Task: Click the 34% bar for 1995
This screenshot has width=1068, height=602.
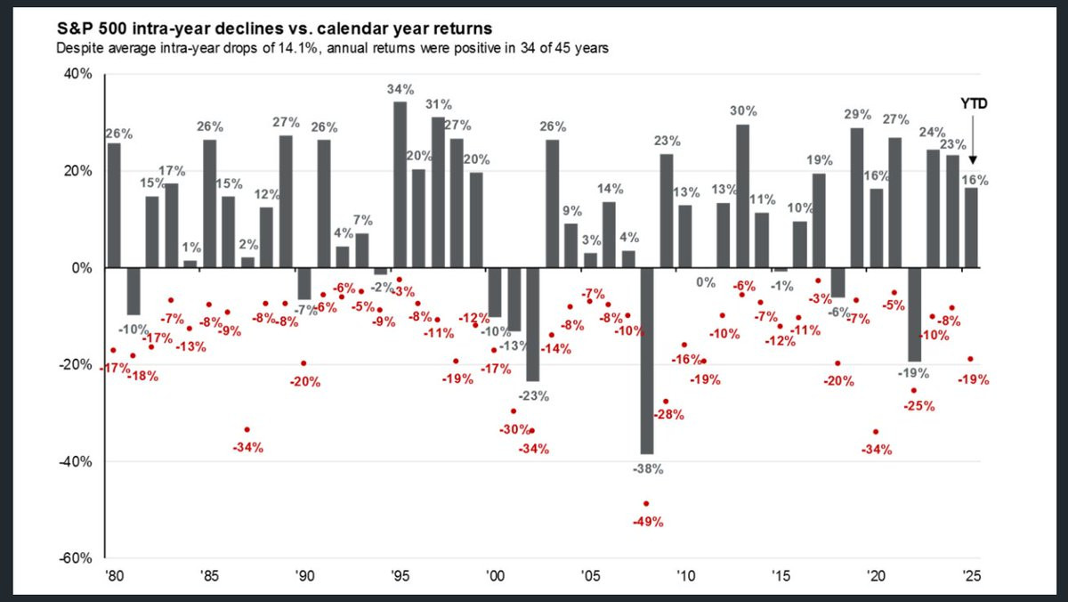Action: click(400, 184)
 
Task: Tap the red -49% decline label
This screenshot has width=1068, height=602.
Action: click(648, 522)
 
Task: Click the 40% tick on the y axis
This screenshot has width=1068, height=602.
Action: click(78, 75)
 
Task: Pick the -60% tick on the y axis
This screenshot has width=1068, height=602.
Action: click(77, 558)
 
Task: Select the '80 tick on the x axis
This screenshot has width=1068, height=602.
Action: click(113, 575)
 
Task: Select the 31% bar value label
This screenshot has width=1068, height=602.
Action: click(438, 106)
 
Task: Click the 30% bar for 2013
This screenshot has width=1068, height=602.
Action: click(742, 196)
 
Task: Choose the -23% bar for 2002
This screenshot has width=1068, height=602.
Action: click(532, 324)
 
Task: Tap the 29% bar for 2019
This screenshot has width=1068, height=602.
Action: click(857, 198)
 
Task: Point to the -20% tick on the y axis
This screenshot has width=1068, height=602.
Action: click(77, 365)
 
